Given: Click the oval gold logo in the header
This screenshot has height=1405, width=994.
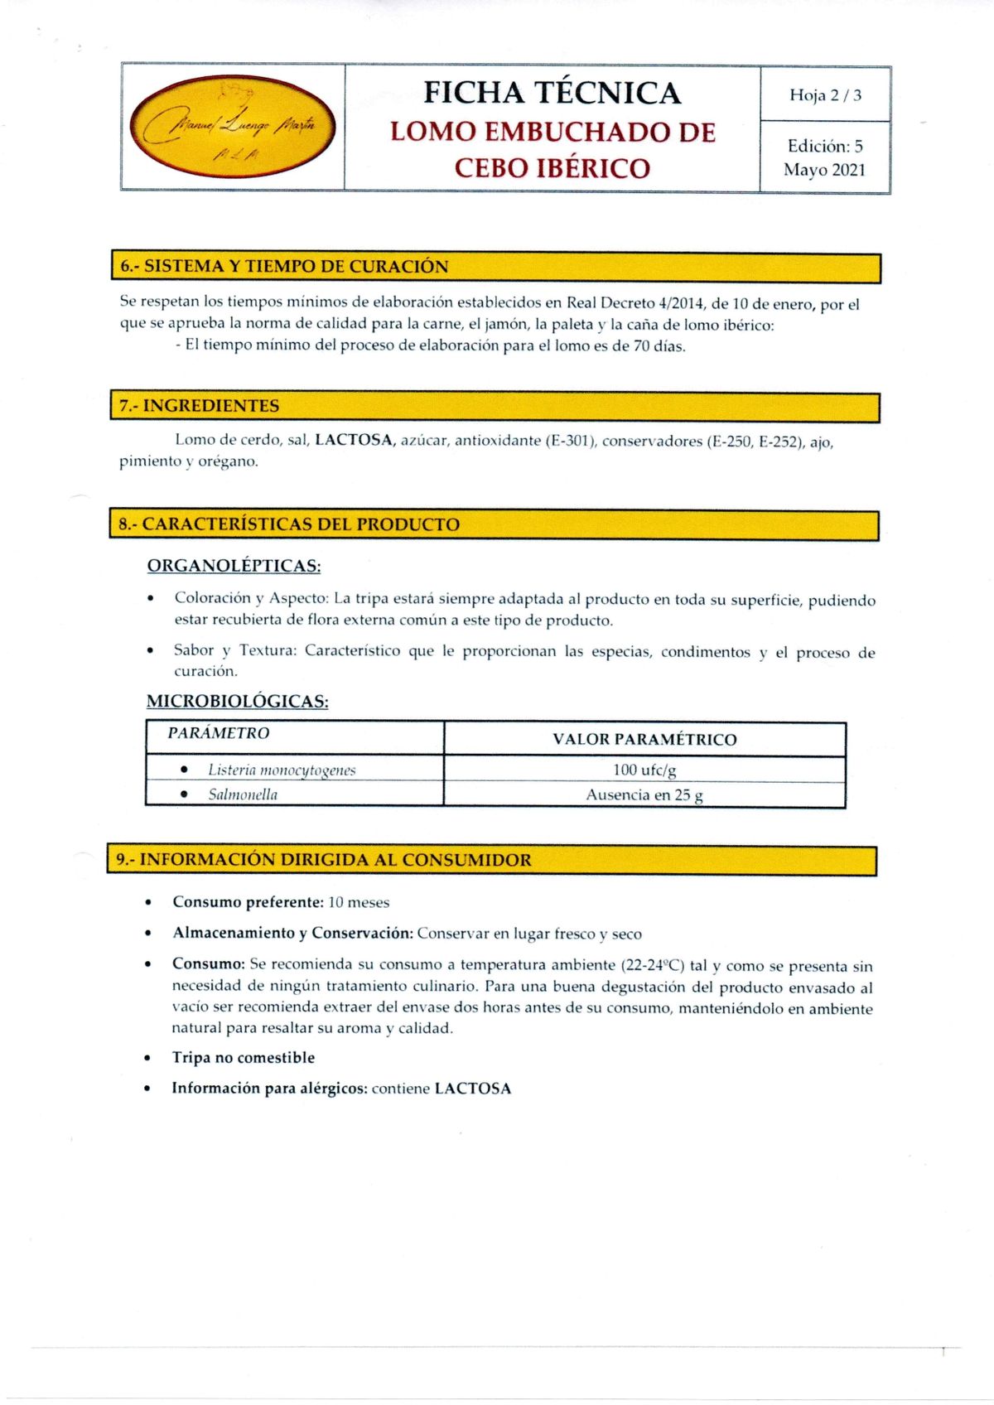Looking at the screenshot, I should [x=234, y=126].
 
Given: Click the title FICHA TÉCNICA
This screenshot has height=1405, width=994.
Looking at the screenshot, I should [x=552, y=93].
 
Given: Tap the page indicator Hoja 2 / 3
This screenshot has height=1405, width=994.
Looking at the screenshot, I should [x=825, y=95].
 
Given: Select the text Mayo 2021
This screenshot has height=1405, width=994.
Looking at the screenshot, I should [x=824, y=170].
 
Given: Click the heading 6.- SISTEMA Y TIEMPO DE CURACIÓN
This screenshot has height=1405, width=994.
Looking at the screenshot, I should [x=284, y=267].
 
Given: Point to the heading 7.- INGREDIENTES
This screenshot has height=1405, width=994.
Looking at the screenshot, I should [x=200, y=406].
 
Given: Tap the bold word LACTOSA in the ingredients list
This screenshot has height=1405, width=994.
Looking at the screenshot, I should [x=354, y=440].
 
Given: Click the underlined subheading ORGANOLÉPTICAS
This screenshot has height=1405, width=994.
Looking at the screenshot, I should [x=234, y=566].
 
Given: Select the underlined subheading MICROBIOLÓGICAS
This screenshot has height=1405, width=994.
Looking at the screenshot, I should [x=238, y=702].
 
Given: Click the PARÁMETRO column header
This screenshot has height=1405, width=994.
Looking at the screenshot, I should [x=219, y=733].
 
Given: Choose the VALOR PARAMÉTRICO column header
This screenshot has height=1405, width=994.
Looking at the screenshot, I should [x=644, y=740].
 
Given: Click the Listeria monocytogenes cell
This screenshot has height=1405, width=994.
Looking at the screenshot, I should [x=282, y=770].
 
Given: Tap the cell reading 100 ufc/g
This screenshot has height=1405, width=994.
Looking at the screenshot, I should [x=644, y=770].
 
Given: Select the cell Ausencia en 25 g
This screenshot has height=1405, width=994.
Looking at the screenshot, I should [x=644, y=795].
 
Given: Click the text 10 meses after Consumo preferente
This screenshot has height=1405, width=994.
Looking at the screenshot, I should [x=359, y=903].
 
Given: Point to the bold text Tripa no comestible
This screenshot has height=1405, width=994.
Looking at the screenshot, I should [x=244, y=1058].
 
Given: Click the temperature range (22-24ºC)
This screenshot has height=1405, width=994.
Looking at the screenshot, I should [x=653, y=966].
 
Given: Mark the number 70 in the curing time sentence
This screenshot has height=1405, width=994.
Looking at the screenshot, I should [x=642, y=346].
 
